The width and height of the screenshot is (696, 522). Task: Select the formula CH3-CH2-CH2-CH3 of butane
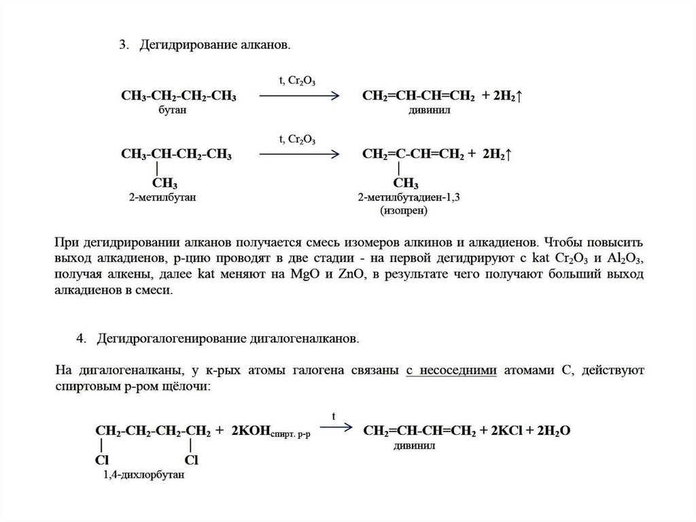coord(179,97)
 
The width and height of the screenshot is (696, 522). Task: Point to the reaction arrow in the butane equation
coord(299,97)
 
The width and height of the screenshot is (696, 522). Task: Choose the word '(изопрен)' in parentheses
coord(404,210)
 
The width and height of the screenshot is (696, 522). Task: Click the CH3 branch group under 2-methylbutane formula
coord(165,184)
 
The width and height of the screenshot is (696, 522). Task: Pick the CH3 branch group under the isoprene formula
coord(406,184)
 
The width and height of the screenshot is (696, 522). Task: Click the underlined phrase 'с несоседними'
coord(452,370)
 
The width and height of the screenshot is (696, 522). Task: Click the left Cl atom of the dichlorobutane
coord(101,461)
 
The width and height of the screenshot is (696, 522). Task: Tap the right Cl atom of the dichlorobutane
coord(191,461)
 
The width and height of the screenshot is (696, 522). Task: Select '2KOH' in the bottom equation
coord(251,431)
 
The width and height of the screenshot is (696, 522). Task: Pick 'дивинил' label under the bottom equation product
coord(414,446)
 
